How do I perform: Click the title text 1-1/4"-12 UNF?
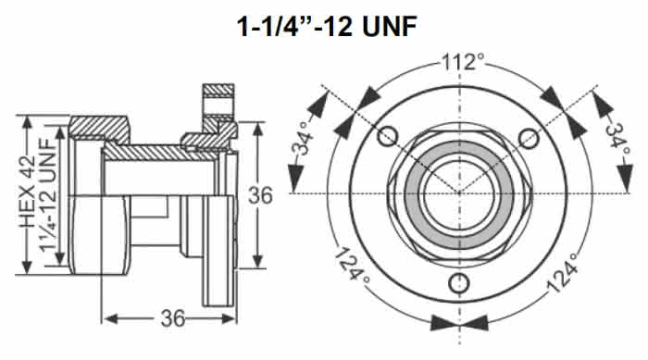(327, 27)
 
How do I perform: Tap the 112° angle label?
(463, 62)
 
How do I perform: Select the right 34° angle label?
(617, 140)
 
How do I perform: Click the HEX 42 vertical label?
(28, 192)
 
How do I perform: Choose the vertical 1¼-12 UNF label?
(47, 194)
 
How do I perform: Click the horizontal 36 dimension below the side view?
(173, 318)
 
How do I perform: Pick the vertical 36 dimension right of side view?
(260, 195)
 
